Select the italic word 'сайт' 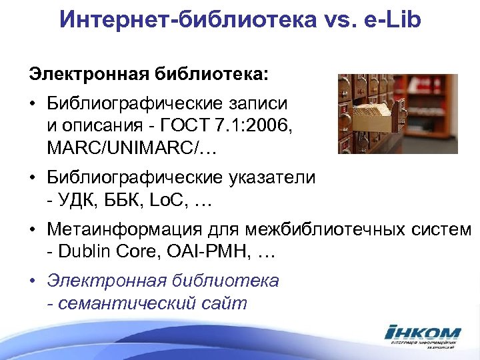pyautogui.click(x=223, y=303)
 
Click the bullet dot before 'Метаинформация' pyautogui.click(x=33, y=231)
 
